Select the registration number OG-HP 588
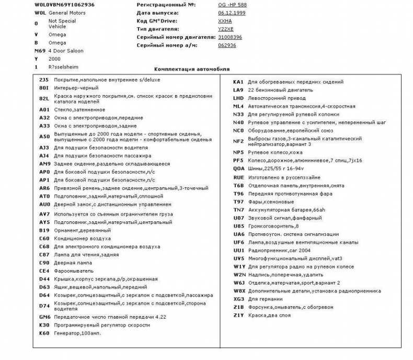(233, 4)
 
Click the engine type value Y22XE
(226, 29)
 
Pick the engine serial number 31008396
(230, 38)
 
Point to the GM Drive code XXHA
(225, 21)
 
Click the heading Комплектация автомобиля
(192, 69)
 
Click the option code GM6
(44, 317)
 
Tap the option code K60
(44, 333)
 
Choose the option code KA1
(238, 82)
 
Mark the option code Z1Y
(238, 316)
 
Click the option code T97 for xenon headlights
(238, 202)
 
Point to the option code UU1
(238, 250)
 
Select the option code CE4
(44, 271)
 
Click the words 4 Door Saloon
(66, 51)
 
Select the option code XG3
(238, 299)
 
